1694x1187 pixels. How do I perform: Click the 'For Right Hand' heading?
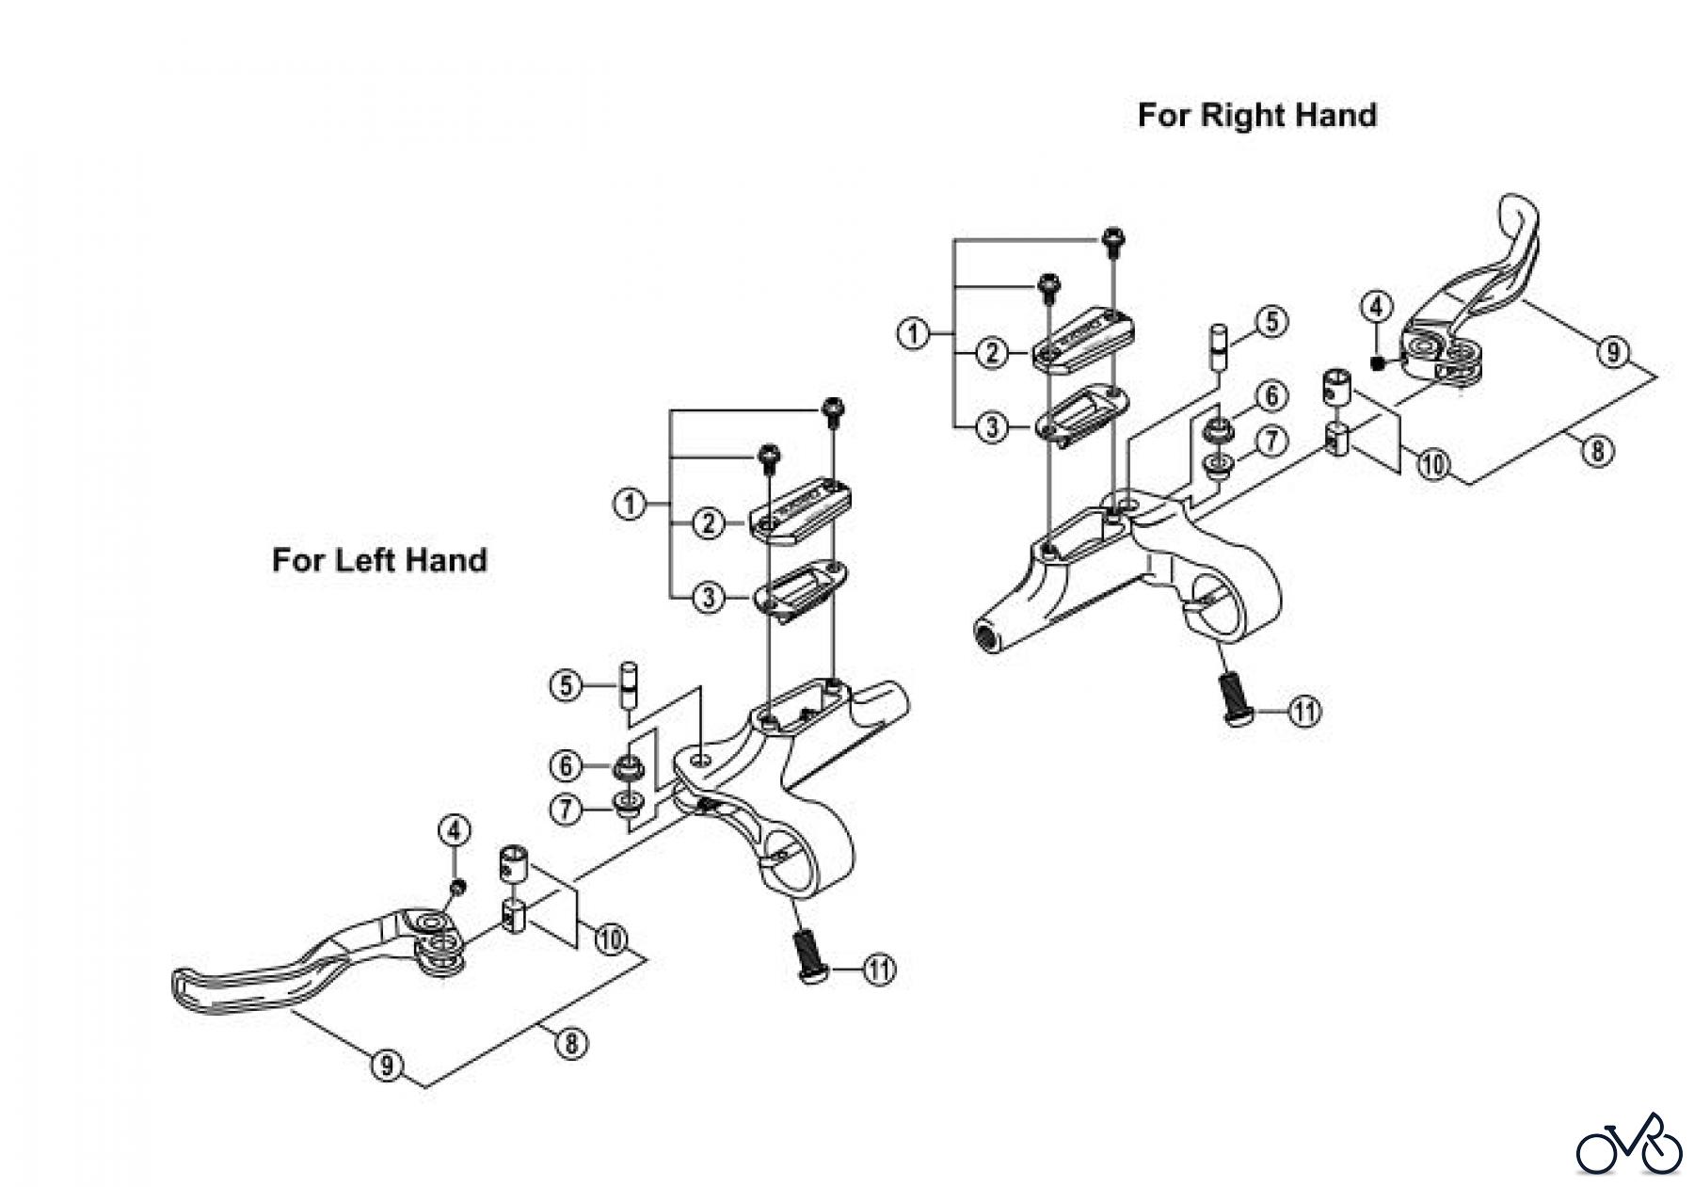(x=1256, y=115)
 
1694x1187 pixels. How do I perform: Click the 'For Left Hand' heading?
(x=379, y=560)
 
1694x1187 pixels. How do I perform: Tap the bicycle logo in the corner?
(x=1629, y=1144)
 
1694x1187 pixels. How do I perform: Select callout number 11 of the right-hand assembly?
(x=1304, y=712)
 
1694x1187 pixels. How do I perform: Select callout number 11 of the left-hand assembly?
(x=879, y=970)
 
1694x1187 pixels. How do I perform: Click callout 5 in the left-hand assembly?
(x=566, y=685)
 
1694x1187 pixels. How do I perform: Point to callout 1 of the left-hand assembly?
(x=630, y=504)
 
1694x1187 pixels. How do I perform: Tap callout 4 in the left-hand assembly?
(x=455, y=831)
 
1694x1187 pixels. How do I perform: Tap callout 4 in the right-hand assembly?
(x=1377, y=307)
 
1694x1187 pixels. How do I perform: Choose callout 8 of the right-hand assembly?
(x=1596, y=451)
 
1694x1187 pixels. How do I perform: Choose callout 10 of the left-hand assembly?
(x=610, y=939)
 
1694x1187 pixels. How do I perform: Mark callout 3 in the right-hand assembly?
(x=991, y=427)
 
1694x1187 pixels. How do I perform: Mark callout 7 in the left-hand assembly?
(x=566, y=810)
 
